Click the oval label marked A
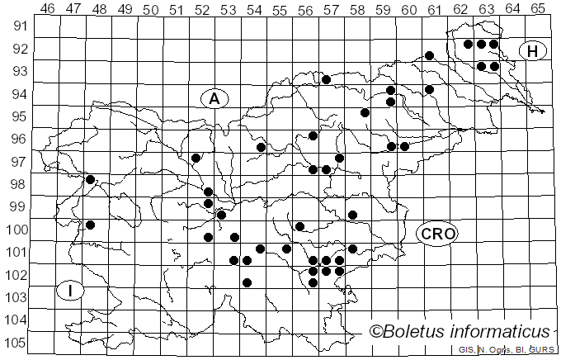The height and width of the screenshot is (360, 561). click(x=214, y=98)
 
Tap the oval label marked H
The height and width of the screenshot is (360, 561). click(x=533, y=51)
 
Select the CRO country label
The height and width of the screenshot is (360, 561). click(x=436, y=234)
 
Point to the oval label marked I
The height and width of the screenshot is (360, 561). click(x=72, y=291)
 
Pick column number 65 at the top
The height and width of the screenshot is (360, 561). click(x=538, y=9)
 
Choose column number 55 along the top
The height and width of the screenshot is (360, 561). click(x=280, y=9)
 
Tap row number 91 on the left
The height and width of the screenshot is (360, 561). click(x=18, y=26)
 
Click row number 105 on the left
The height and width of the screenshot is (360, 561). click(x=16, y=343)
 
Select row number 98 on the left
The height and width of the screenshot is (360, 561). click(x=18, y=184)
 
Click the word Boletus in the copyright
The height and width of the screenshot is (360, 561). click(x=418, y=331)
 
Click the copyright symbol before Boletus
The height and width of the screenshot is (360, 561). click(x=376, y=332)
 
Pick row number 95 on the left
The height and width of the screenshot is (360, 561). click(x=18, y=116)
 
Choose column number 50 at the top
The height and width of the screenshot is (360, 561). click(x=150, y=9)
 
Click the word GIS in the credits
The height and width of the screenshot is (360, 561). click(x=466, y=350)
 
